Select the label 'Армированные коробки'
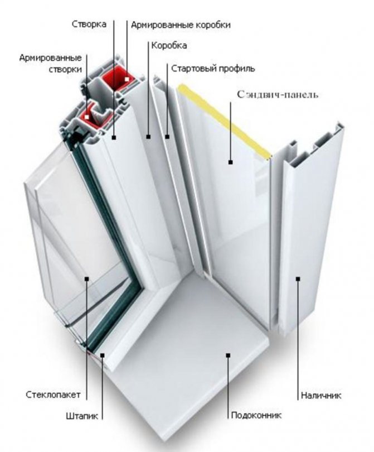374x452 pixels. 180,25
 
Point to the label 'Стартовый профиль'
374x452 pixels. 213,69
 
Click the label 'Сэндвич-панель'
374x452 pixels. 278,94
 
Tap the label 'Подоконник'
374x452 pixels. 257,416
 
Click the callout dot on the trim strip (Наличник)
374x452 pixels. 298,277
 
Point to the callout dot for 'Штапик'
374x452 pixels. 103,354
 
